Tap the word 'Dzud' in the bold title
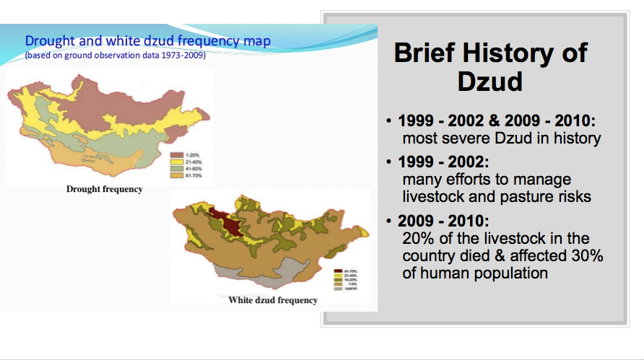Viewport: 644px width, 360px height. coord(489,82)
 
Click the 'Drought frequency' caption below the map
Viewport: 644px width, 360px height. coord(104,190)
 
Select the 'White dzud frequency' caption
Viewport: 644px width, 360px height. coord(272,300)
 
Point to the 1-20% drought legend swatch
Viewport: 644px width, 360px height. coord(174,154)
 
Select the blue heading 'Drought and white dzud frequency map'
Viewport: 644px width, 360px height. coord(148,41)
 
